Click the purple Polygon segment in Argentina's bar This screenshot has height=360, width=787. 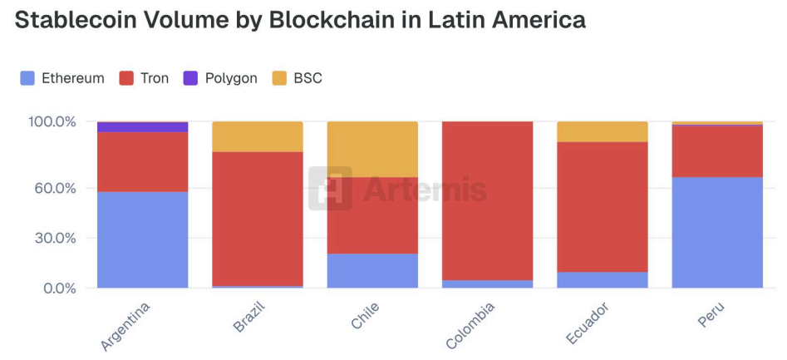pos(142,127)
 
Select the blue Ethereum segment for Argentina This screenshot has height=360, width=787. pos(142,239)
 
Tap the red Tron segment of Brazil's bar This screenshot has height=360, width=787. pos(257,219)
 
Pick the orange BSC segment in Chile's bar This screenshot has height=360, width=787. pos(372,149)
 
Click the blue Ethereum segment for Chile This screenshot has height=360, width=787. pos(372,270)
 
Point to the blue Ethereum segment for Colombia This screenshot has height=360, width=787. pos(487,284)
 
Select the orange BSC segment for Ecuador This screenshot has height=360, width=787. pos(602,131)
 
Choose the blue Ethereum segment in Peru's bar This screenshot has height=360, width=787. pos(717,232)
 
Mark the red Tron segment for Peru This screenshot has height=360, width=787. pos(717,150)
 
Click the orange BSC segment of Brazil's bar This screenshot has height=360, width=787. pos(257,136)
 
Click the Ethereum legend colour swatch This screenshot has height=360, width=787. pos(27,78)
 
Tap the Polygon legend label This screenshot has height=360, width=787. pos(231,78)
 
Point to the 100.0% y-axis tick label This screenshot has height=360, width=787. pos(52,122)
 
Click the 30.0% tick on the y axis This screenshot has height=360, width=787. pos(56,238)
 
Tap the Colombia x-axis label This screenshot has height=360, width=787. pos(471,324)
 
